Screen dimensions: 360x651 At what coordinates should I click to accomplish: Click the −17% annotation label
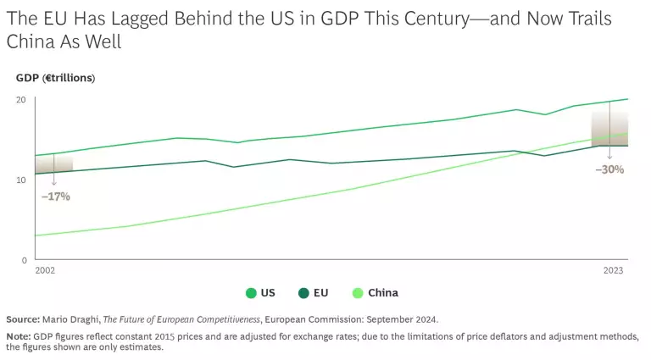pos(55,197)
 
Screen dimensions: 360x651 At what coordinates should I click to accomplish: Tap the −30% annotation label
pos(609,169)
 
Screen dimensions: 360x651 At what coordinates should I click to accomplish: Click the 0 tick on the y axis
pos(23,260)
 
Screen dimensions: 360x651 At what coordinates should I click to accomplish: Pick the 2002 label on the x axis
pos(45,271)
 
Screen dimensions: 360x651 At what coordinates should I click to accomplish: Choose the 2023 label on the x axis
pos(614,271)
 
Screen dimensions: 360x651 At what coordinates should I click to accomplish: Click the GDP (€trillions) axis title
pos(55,78)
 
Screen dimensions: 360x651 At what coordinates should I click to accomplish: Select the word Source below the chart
pos(23,319)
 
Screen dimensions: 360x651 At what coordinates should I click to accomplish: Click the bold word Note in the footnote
pos(18,336)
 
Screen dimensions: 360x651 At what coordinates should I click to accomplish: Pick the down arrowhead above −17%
pos(53,182)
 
